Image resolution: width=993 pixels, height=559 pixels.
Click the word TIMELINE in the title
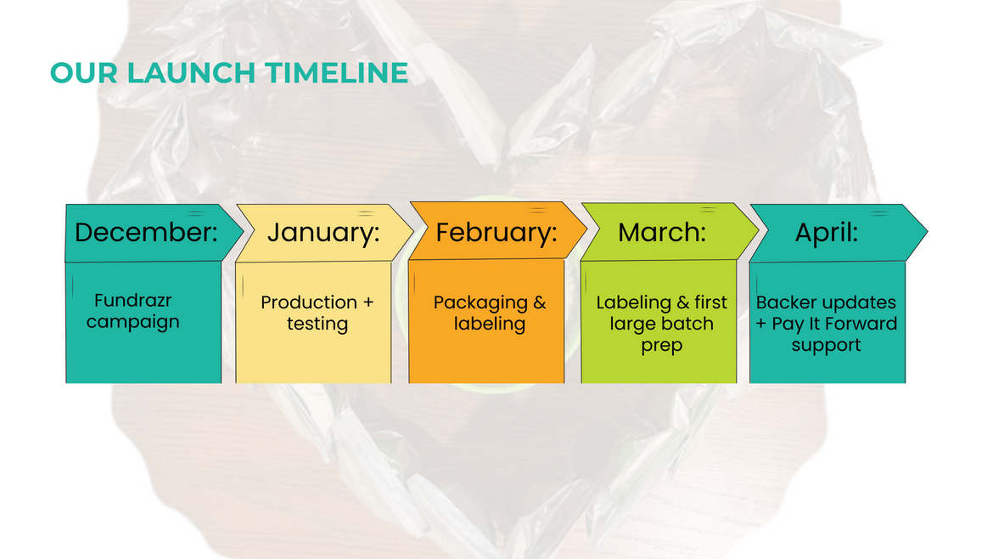click(337, 73)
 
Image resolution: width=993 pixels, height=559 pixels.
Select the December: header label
click(146, 233)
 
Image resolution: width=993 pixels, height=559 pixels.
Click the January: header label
click(323, 233)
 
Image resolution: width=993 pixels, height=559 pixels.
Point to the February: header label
click(496, 233)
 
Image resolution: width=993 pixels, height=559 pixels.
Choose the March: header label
click(662, 233)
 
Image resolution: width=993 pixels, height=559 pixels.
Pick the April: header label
click(827, 233)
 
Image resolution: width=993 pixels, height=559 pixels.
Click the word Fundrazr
click(133, 300)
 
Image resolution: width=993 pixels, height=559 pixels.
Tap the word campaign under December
click(133, 322)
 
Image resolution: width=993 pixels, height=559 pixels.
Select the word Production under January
click(309, 302)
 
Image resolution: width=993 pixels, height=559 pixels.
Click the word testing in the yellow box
click(317, 324)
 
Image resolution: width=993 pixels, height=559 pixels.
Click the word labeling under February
click(490, 324)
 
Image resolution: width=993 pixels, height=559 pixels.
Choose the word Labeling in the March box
click(633, 303)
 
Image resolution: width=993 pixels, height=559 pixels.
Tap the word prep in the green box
click(661, 346)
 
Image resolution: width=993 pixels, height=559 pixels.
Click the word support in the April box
click(826, 346)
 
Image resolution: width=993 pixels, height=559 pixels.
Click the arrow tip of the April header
click(927, 232)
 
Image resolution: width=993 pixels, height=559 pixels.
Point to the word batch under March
click(687, 324)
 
